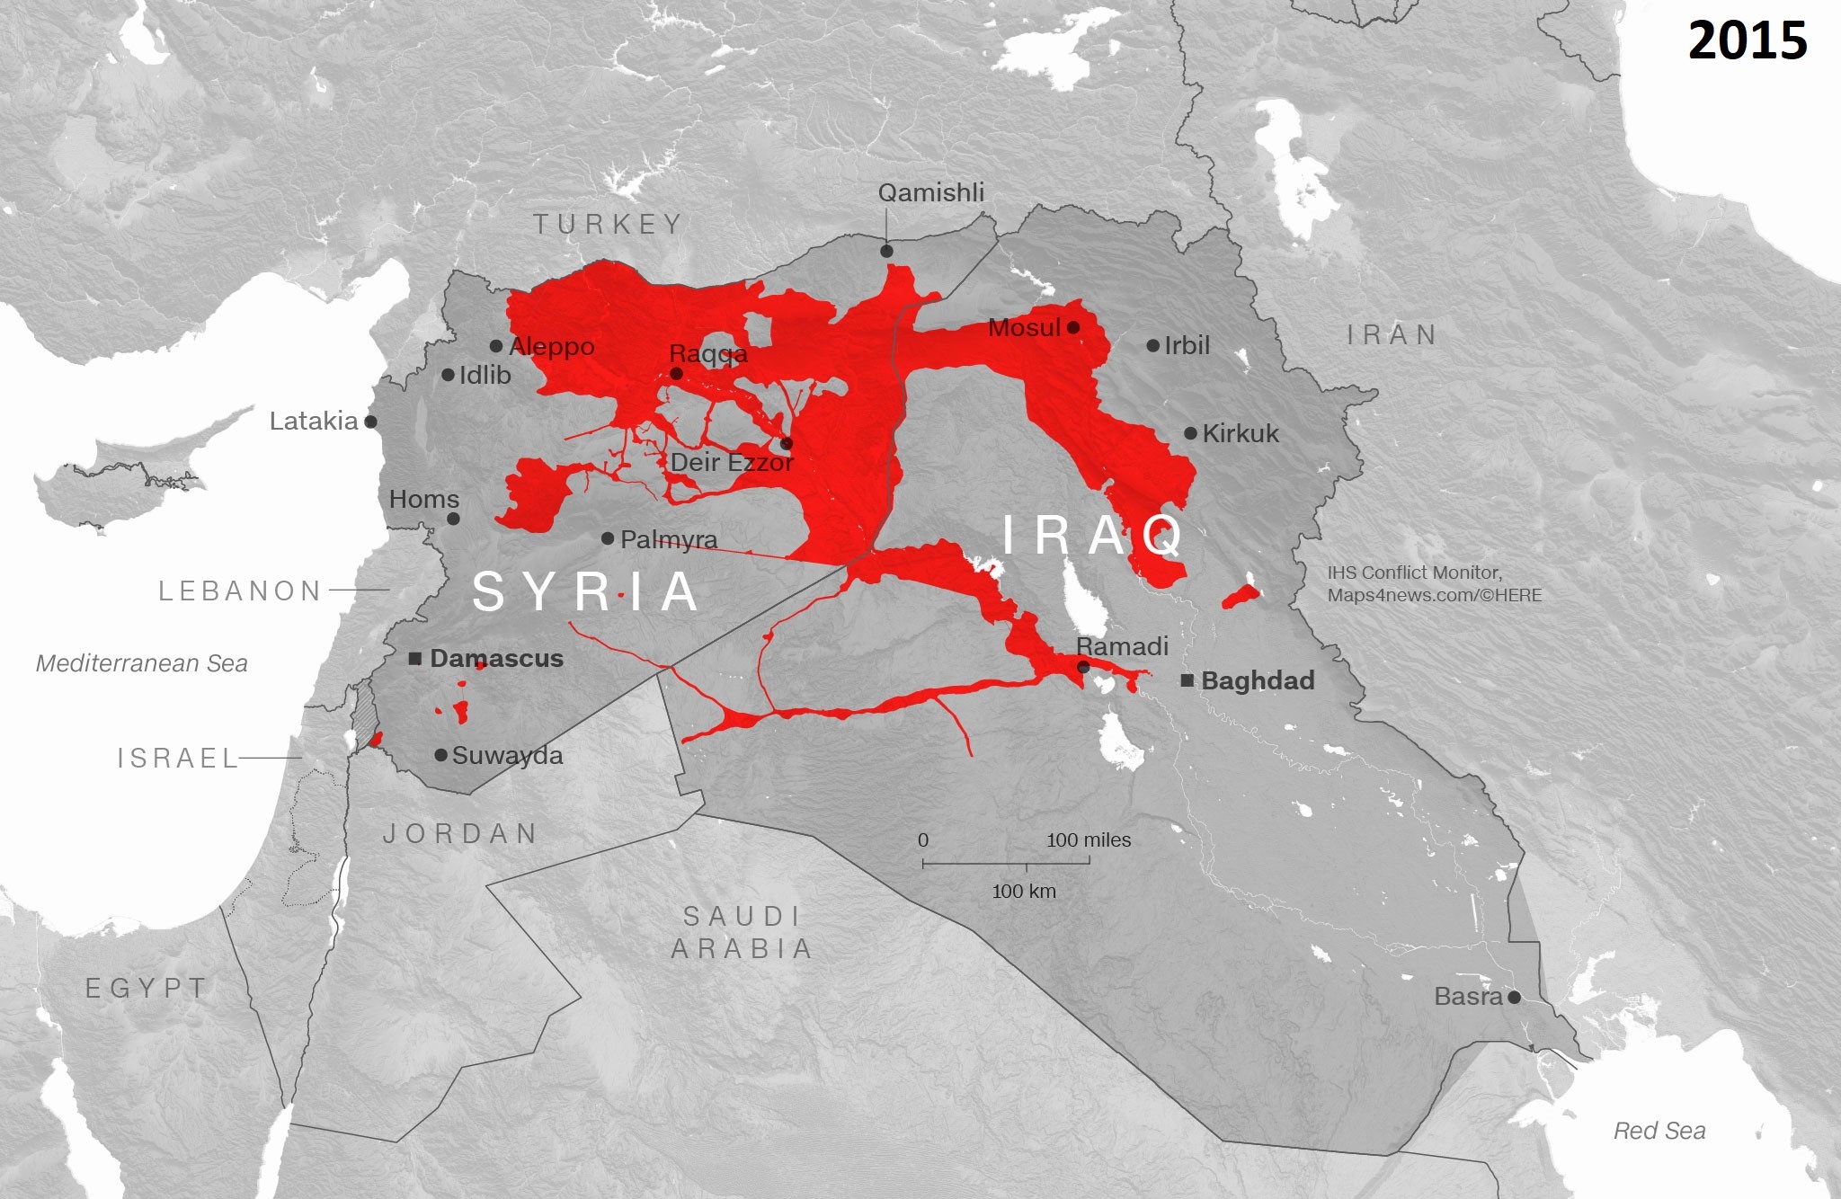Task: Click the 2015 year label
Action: tap(1747, 41)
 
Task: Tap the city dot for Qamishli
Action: tap(886, 252)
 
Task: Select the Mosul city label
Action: tap(1024, 328)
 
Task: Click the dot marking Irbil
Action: tap(1153, 346)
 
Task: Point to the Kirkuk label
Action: tap(1240, 434)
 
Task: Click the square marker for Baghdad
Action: tap(1187, 680)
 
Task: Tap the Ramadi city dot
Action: tap(1083, 667)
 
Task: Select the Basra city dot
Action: tap(1514, 997)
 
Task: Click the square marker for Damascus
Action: tap(415, 659)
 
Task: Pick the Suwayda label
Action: tap(507, 756)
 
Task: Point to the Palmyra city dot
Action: tap(608, 538)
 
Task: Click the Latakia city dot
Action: tap(370, 422)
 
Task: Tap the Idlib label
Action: tap(485, 376)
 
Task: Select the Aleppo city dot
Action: tap(496, 346)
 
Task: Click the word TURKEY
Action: tap(608, 225)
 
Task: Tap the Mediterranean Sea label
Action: tap(142, 663)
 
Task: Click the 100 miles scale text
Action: tap(1088, 840)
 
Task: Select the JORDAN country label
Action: tap(460, 834)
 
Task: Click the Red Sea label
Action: tap(1659, 1131)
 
